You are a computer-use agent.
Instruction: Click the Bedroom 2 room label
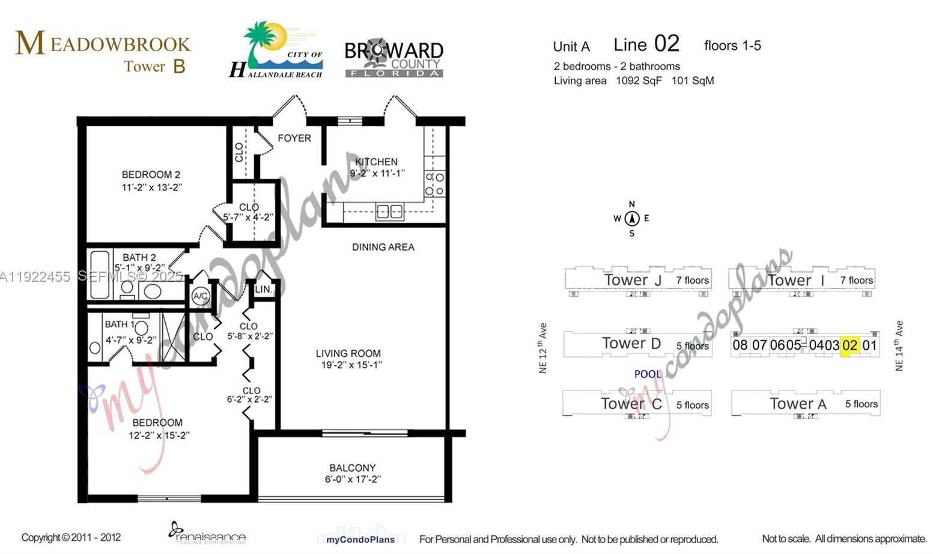pos(151,174)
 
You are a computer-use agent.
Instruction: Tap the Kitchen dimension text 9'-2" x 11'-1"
pos(377,173)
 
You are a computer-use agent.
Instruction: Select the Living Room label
pos(348,353)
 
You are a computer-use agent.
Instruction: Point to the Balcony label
pos(352,467)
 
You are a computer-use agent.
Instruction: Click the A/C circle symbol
pos(200,296)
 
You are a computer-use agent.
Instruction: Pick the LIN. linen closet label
pos(263,290)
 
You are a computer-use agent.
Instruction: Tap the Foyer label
pos(294,138)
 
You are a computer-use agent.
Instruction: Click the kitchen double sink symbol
pos(389,211)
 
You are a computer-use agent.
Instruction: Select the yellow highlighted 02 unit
pos(849,345)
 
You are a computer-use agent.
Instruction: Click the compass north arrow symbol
pos(631,219)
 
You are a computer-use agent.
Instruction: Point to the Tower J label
pos(633,280)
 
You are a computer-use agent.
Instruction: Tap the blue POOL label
pos(648,374)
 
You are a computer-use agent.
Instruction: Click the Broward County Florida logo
pos(394,59)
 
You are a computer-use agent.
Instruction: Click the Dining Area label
pos(383,247)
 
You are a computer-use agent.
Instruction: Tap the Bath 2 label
pos(139,257)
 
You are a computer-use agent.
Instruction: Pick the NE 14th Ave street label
pos(899,345)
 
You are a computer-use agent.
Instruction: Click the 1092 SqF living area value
pos(639,81)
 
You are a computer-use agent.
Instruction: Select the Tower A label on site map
pos(798,404)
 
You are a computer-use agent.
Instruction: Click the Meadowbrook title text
pos(103,43)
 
